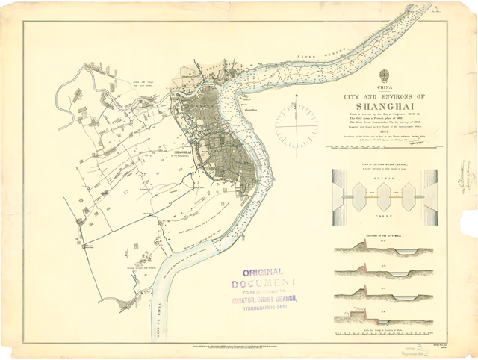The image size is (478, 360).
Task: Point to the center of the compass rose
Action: coord(296,125)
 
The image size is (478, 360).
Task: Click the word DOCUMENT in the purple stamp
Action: coord(264,284)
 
